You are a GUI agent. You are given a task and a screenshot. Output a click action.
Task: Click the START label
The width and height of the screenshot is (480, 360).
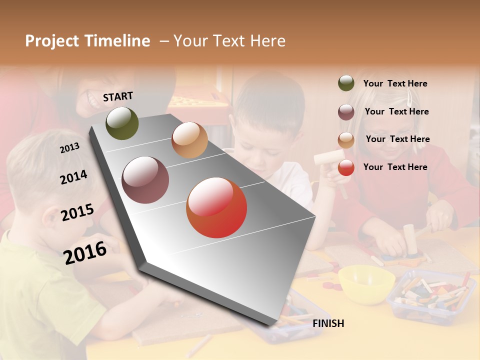click(x=118, y=96)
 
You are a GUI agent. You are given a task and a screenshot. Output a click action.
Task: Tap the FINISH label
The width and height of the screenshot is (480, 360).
click(x=328, y=323)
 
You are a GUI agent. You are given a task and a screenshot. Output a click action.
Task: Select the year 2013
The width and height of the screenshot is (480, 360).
click(x=69, y=148)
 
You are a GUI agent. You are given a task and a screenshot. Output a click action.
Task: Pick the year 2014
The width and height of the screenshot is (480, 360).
click(x=73, y=177)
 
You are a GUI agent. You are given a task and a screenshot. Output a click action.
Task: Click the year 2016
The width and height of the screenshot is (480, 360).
click(x=85, y=252)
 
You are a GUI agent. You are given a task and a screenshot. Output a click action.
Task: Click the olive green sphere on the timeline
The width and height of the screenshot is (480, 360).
click(x=122, y=123)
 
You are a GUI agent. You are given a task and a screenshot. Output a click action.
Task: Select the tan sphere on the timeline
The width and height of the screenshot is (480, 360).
click(x=189, y=140)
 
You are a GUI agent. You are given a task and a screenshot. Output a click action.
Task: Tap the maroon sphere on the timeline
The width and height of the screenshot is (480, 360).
click(x=145, y=180)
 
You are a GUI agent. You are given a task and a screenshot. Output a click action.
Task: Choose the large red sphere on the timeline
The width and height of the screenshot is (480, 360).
click(x=216, y=207)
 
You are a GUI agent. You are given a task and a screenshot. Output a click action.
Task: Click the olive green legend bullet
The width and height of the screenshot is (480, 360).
click(x=346, y=83)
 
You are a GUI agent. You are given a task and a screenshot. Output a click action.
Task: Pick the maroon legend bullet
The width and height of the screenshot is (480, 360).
click(x=346, y=112)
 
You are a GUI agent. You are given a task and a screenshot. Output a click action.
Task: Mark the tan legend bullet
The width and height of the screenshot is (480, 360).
click(x=346, y=140)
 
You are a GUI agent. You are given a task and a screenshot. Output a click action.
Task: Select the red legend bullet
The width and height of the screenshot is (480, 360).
click(x=346, y=168)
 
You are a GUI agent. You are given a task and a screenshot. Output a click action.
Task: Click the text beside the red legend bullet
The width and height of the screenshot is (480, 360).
click(x=395, y=167)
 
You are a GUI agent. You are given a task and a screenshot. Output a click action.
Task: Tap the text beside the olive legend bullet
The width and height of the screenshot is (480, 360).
click(x=395, y=83)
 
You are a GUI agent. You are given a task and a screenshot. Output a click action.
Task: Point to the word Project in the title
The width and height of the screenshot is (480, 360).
click(x=52, y=41)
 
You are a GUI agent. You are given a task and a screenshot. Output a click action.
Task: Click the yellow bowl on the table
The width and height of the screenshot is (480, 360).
click(x=366, y=283)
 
